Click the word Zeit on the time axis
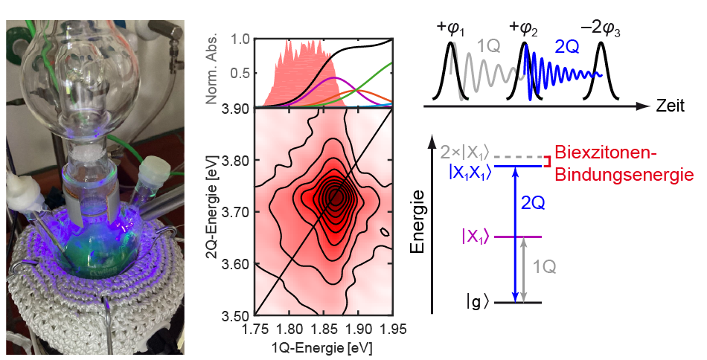coord(672,107)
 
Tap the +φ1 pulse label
coord(452,29)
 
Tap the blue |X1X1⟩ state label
coord(470,170)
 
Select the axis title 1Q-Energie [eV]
coord(324,346)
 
